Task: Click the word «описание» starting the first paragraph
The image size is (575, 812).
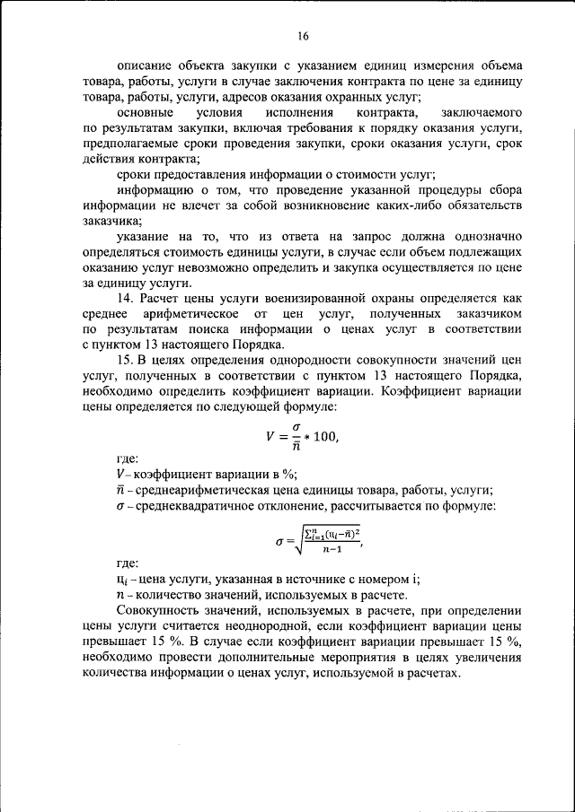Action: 144,66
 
